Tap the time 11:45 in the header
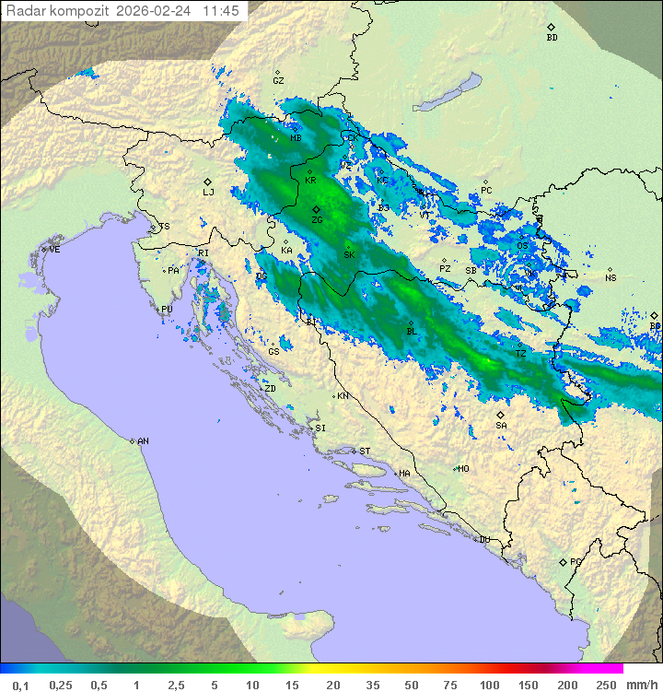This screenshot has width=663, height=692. click(x=221, y=11)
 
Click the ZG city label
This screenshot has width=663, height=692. click(x=317, y=220)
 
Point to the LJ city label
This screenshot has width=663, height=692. click(x=208, y=192)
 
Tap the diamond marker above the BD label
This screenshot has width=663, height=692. click(x=551, y=28)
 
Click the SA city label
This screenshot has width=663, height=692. click(x=501, y=426)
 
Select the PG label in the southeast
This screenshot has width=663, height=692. click(x=576, y=561)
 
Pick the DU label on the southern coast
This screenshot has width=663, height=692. click(x=483, y=540)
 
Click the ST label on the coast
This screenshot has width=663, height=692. click(x=365, y=451)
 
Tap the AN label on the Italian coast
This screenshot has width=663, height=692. click(x=143, y=441)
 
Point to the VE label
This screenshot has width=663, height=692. click(x=54, y=249)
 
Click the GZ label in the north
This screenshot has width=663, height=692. click(x=278, y=80)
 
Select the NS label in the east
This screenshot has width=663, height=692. click(x=611, y=277)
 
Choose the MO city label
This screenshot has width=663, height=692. click(x=463, y=468)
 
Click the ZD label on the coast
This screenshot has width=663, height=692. click(x=270, y=388)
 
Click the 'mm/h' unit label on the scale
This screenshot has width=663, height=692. click(x=639, y=685)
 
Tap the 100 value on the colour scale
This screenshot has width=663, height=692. click(x=488, y=685)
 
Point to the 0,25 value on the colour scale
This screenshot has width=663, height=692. click(x=61, y=685)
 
